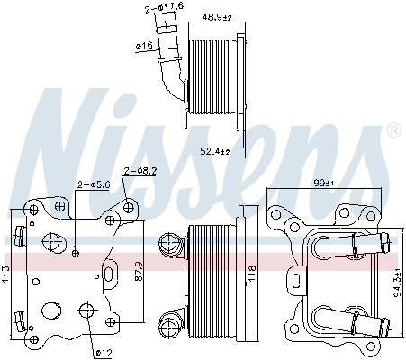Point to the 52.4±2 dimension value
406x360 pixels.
click(x=215, y=151)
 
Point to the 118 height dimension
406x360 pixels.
click(x=252, y=267)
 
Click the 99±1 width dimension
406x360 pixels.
click(x=323, y=184)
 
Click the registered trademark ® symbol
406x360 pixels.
click(x=392, y=131)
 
